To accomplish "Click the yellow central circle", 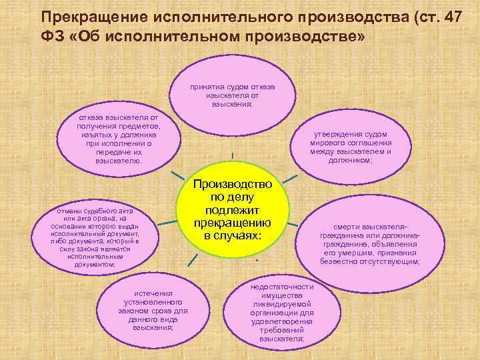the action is pos(232,208).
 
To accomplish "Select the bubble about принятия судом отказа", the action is pos(231,95).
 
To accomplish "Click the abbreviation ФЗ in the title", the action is pos(52,36).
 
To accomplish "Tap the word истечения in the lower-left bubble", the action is pos(153,293).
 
